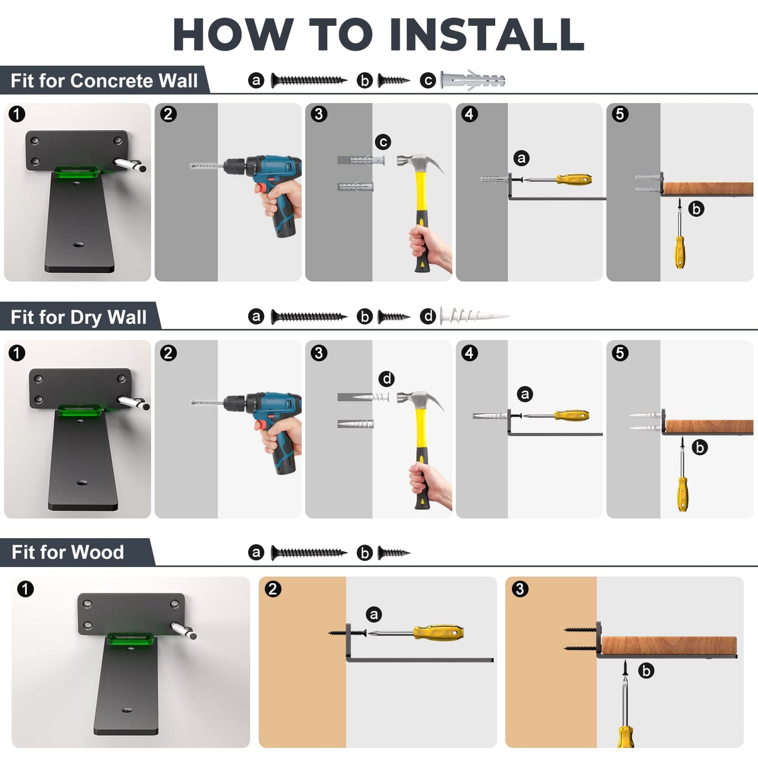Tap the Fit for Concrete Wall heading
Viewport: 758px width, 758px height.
(x=104, y=81)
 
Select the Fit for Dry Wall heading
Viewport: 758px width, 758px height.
(x=78, y=317)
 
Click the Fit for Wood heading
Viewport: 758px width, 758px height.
(x=68, y=552)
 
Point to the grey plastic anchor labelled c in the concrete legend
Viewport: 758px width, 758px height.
(x=472, y=80)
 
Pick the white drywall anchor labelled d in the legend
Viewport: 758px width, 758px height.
(x=474, y=316)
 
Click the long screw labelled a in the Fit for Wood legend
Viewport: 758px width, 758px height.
(x=309, y=553)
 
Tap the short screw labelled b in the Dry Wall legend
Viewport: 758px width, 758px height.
(x=394, y=316)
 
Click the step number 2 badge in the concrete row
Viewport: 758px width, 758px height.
(x=168, y=114)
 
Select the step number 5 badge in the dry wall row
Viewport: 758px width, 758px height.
(x=620, y=353)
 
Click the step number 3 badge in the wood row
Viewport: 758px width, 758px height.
(x=520, y=589)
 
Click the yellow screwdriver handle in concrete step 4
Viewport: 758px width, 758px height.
(x=574, y=180)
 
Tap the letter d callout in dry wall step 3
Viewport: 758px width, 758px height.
(x=386, y=379)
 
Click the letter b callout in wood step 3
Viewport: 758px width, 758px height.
(x=646, y=671)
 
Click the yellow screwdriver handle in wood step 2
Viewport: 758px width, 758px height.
(x=438, y=633)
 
